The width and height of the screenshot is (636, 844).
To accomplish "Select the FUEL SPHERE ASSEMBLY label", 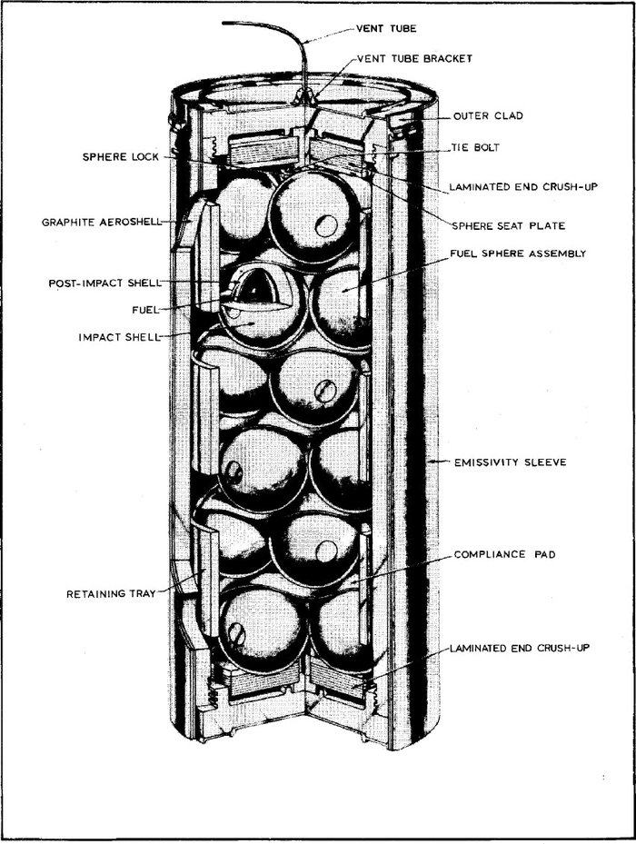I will point(519,253).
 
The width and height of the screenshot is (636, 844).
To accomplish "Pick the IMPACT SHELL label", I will point(121,336).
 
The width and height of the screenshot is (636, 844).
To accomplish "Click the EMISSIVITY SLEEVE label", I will point(511,462).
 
